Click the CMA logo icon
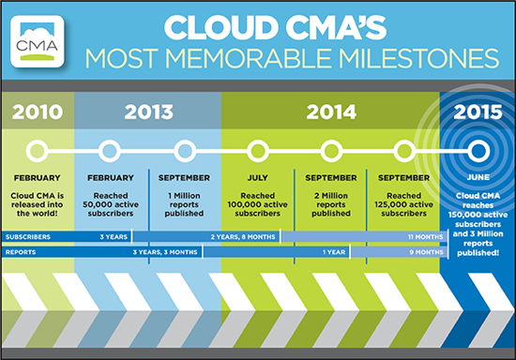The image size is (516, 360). [x=38, y=41]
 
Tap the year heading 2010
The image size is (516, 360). [x=38, y=112]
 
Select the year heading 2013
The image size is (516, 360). [x=148, y=112]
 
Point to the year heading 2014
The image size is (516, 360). [x=331, y=112]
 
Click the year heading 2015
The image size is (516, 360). [x=478, y=112]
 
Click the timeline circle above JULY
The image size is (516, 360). [x=258, y=151]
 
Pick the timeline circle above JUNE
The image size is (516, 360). [x=478, y=151]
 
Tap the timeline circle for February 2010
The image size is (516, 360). [x=38, y=151]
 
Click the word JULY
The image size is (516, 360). [x=258, y=178]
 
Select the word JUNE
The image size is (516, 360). [x=478, y=177]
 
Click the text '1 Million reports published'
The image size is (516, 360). [x=184, y=204]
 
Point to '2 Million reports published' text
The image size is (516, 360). [x=331, y=204]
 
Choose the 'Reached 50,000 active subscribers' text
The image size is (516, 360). [x=111, y=204]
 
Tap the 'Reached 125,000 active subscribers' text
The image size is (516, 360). [x=403, y=204]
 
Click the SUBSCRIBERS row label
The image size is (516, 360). [x=28, y=236]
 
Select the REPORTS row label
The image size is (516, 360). [x=21, y=252]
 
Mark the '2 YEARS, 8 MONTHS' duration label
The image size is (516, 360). [x=243, y=236]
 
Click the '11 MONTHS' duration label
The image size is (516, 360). [x=426, y=236]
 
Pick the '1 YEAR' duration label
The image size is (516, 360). [x=334, y=252]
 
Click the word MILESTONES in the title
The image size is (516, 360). [x=419, y=58]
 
